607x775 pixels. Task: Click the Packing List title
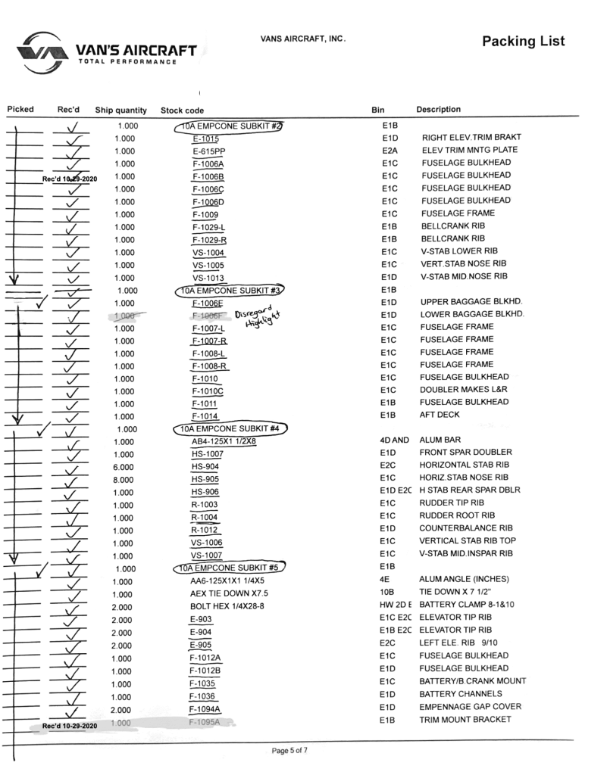pyautogui.click(x=523, y=41)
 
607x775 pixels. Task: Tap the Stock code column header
pyautogui.click(x=183, y=110)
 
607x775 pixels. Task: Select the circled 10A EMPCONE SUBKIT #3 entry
pyautogui.click(x=229, y=290)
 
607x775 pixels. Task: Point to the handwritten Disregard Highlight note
pyautogui.click(x=256, y=319)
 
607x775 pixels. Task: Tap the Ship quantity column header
pyautogui.click(x=120, y=110)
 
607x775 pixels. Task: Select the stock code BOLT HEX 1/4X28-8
pyautogui.click(x=228, y=606)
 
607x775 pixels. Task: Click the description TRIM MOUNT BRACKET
pyautogui.click(x=465, y=720)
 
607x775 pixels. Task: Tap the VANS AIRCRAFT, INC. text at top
pyautogui.click(x=302, y=39)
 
